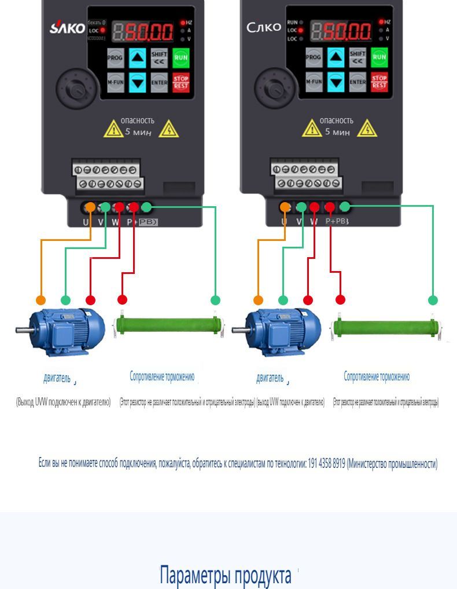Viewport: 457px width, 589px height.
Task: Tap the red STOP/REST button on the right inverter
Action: (x=379, y=82)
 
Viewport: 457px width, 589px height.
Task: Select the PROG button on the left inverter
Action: (x=115, y=57)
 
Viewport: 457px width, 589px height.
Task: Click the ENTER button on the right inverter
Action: (x=358, y=82)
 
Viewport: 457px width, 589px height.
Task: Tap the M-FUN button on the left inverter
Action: (x=115, y=82)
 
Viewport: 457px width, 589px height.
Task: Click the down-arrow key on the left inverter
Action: (x=137, y=82)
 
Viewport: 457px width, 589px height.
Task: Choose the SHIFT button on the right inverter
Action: (x=358, y=57)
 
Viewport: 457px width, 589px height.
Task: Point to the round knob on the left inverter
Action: (x=73, y=89)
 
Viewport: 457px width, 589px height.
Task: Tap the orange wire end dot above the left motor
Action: (x=40, y=300)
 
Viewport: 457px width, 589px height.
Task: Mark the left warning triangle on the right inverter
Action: (x=312, y=129)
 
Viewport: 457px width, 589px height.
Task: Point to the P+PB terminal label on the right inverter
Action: (x=337, y=221)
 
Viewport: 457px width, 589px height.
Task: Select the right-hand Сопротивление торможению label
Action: (x=377, y=376)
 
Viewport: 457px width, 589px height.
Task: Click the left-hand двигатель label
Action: (x=57, y=379)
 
